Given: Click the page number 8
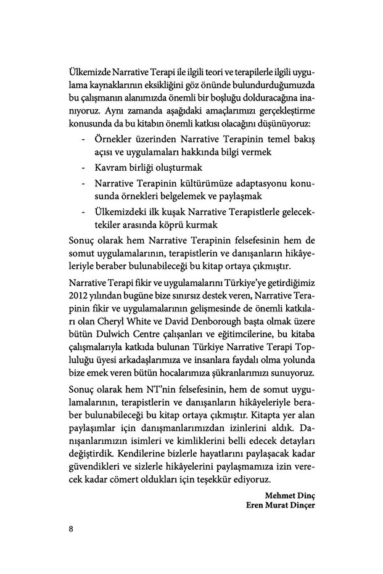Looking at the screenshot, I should tap(72, 528).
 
